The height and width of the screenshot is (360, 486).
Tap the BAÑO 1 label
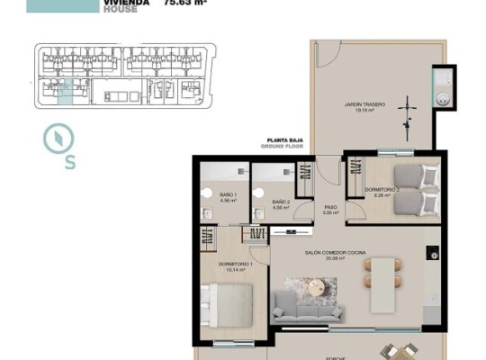[227, 198]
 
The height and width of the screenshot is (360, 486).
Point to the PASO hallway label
[330, 209]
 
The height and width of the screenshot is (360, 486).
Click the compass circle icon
[57, 139]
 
